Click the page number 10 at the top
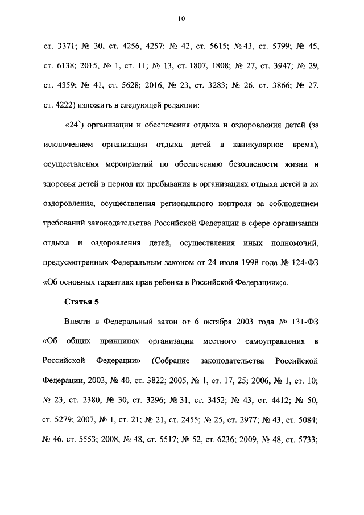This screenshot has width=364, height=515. point(181,19)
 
